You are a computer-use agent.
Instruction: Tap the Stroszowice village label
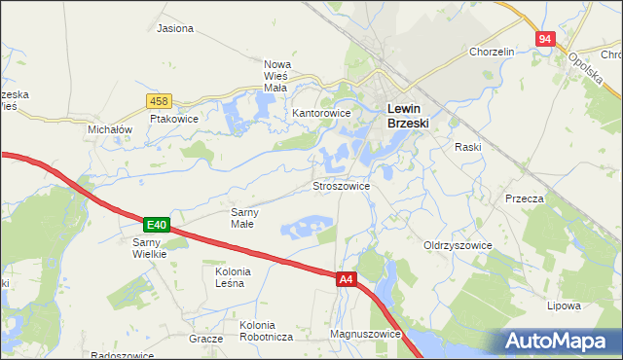coord(340,185)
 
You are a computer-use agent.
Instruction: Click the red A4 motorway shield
coord(347,279)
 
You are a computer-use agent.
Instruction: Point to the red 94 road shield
coord(544,39)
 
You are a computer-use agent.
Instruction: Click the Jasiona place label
coord(175,28)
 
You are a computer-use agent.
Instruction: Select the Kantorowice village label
coord(321,114)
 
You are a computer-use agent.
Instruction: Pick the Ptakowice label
coord(174,119)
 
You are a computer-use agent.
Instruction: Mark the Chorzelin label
coord(492,52)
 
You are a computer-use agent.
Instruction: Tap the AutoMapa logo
coord(558,342)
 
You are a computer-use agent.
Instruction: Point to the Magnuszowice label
coord(366,334)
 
